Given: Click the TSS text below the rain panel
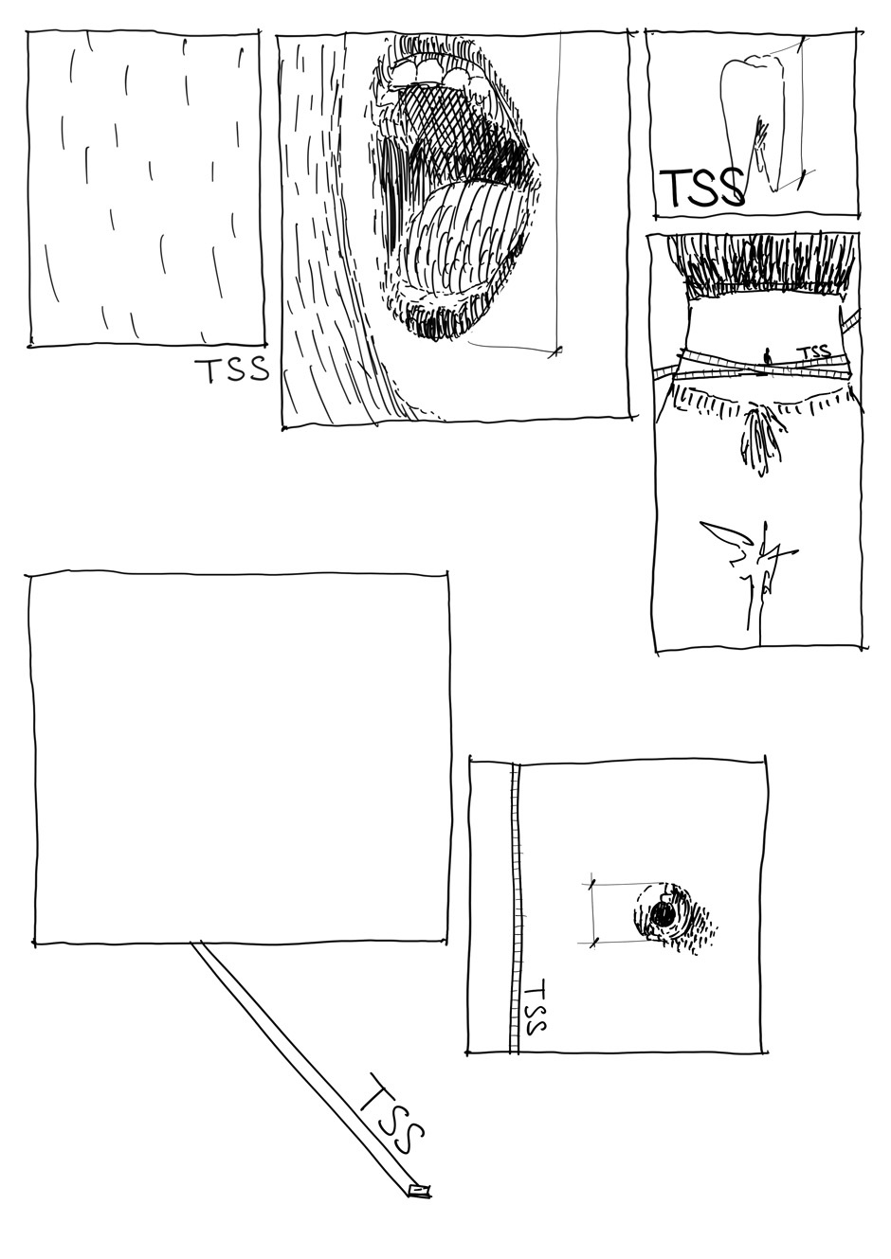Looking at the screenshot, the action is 231,369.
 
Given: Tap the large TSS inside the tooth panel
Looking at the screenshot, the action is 701,186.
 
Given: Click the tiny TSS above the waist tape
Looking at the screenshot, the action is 815,352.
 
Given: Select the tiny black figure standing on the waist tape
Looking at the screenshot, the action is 766,356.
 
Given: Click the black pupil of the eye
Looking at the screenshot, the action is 663,917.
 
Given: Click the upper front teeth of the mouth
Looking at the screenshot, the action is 427,70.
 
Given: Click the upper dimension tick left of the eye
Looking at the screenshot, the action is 591,885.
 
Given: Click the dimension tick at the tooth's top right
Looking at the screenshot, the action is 801,43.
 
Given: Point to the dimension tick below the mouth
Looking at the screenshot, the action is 555,351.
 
